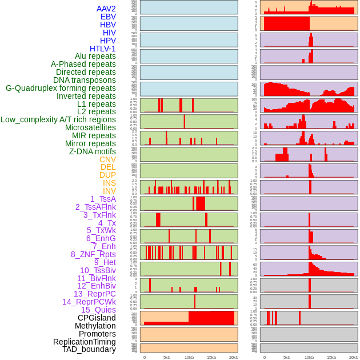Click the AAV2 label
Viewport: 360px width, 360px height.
pyautogui.click(x=106, y=9)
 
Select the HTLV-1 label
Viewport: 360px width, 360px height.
pyautogui.click(x=103, y=49)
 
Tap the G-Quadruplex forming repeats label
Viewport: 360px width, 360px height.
pyautogui.click(x=61, y=89)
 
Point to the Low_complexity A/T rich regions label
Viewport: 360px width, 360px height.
pyautogui.click(x=58, y=120)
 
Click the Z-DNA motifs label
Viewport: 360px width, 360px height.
pyautogui.click(x=93, y=151)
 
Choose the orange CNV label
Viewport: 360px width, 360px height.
pyautogui.click(x=107, y=159)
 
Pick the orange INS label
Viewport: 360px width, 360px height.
pyautogui.click(x=109, y=183)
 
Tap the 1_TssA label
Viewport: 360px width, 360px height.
pyautogui.click(x=103, y=199)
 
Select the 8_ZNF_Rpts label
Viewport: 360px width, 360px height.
pyautogui.click(x=93, y=254)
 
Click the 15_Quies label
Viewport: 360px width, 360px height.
pyautogui.click(x=98, y=310)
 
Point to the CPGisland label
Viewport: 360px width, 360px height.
pyautogui.click(x=97, y=318)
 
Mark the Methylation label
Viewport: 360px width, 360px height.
pyautogui.click(x=95, y=326)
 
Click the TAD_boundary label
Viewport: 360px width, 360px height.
pyautogui.click(x=89, y=349)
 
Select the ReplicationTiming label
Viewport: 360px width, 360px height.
pyautogui.click(x=85, y=342)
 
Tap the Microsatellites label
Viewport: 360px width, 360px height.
pyautogui.click(x=90, y=128)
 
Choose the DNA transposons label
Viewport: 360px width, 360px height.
pyautogui.click(x=85, y=81)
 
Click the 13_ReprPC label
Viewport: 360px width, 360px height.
pyautogui.click(x=95, y=294)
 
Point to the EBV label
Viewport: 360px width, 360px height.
pyautogui.click(x=108, y=17)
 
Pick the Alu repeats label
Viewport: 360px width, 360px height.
pyautogui.click(x=95, y=57)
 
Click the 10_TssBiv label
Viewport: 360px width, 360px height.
pyautogui.click(x=98, y=270)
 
